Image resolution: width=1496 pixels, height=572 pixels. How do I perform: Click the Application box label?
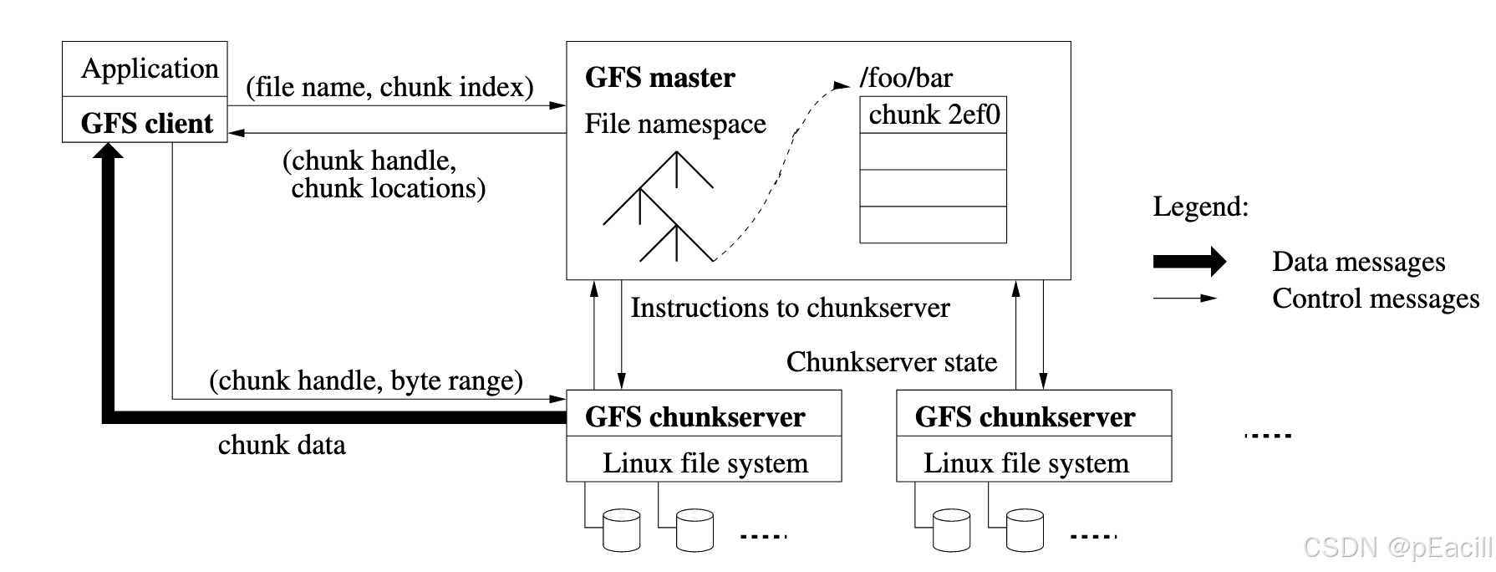150,69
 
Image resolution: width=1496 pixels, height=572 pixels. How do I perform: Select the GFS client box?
146,123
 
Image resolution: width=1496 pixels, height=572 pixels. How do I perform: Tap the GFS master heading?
659,78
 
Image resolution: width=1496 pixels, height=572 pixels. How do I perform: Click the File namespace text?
674,124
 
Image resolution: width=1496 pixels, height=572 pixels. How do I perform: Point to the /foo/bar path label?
906,78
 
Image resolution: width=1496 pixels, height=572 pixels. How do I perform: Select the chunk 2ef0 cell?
934,115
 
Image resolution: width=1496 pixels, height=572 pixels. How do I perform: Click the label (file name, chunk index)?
389,87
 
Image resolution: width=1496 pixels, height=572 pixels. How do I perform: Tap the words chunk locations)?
388,188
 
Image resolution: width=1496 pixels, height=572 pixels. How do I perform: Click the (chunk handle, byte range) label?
366,380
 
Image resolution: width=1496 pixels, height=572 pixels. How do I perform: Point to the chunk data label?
282,445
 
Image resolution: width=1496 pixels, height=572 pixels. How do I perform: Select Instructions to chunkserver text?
790,308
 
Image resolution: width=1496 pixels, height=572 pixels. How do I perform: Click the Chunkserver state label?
891,362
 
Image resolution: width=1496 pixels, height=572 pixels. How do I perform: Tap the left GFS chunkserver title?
695,416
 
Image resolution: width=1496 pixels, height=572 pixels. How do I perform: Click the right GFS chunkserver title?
1025,416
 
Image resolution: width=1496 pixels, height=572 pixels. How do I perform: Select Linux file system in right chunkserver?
1025,463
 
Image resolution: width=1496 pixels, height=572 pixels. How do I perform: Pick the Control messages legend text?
1375,299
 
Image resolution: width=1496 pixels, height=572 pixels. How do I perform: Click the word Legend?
1200,207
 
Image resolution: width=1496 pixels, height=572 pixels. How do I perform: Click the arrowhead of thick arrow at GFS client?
109,151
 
